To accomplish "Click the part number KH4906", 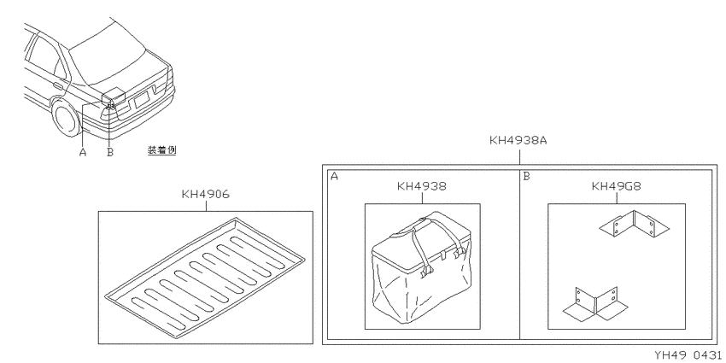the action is [205, 195].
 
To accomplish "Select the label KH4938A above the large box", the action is [518, 140].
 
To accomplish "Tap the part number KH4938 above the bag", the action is [422, 186].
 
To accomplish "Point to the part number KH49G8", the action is [617, 186].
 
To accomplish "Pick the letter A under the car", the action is [83, 152].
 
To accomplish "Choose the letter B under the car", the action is [110, 152].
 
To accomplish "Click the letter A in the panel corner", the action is [334, 177].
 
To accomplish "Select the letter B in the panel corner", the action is [526, 177].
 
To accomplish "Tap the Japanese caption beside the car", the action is [162, 150].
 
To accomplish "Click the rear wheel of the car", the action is [65, 118].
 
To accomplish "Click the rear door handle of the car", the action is [58, 85].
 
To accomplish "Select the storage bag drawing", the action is [421, 266].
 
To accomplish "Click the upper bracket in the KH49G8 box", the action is [634, 223].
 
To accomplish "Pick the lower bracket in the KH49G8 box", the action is [596, 303].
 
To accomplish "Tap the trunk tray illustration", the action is [205, 278].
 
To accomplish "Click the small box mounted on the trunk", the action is [114, 95].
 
